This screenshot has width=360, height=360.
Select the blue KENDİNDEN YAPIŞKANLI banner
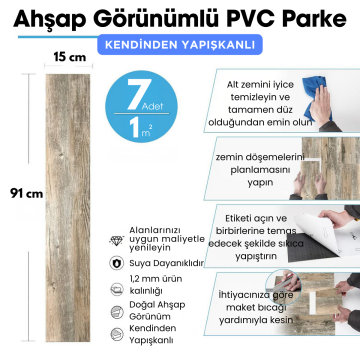tap(180, 46)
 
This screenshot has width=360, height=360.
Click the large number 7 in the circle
tap(132, 92)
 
